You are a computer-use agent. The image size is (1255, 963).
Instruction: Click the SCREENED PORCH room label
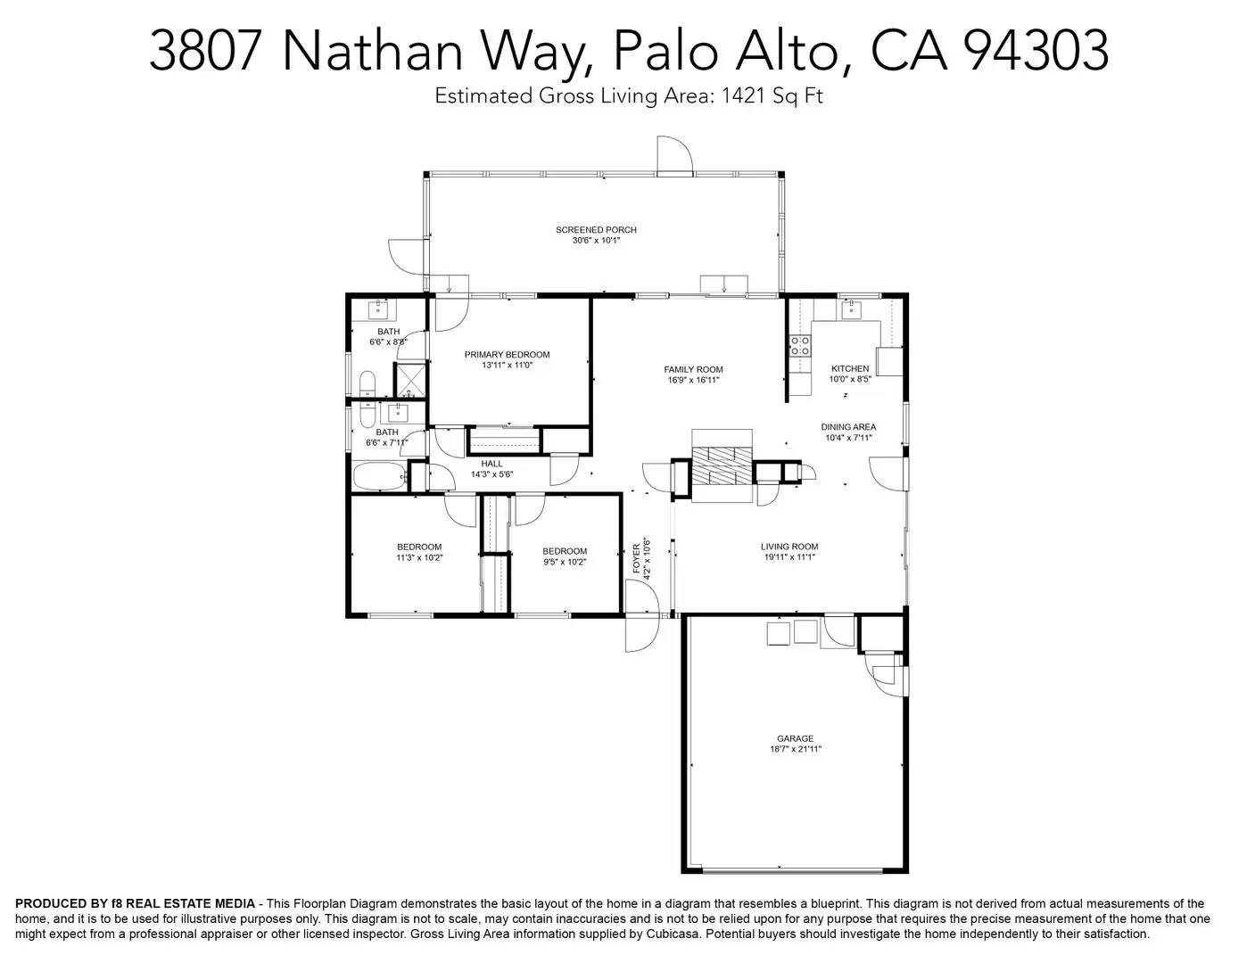(596, 230)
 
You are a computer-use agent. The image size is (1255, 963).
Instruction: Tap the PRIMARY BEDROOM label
(507, 355)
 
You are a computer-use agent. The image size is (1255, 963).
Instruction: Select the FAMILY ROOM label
(693, 369)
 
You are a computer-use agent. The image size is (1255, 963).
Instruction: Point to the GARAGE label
(795, 738)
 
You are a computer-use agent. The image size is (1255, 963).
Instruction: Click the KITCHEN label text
(850, 368)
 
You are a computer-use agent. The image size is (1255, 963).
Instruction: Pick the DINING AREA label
(848, 427)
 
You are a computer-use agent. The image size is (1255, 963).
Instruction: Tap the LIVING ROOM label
(789, 547)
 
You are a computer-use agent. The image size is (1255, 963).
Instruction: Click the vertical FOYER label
(637, 558)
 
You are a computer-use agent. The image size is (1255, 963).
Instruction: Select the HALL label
(491, 464)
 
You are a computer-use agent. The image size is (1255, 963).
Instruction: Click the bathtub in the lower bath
(380, 476)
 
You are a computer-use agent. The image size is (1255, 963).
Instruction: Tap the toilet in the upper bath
(368, 385)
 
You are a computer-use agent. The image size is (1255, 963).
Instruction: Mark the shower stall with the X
(410, 380)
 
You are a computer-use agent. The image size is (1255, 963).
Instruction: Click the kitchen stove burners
(800, 345)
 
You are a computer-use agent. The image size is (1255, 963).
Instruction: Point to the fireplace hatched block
(722, 464)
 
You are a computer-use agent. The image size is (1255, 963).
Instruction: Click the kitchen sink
(850, 309)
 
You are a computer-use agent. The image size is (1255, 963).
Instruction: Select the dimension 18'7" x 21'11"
(795, 750)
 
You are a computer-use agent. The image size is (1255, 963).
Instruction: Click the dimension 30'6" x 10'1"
(596, 241)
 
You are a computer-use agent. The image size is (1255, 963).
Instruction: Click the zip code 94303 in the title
(1036, 51)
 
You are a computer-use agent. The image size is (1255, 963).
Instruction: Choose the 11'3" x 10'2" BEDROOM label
(419, 547)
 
